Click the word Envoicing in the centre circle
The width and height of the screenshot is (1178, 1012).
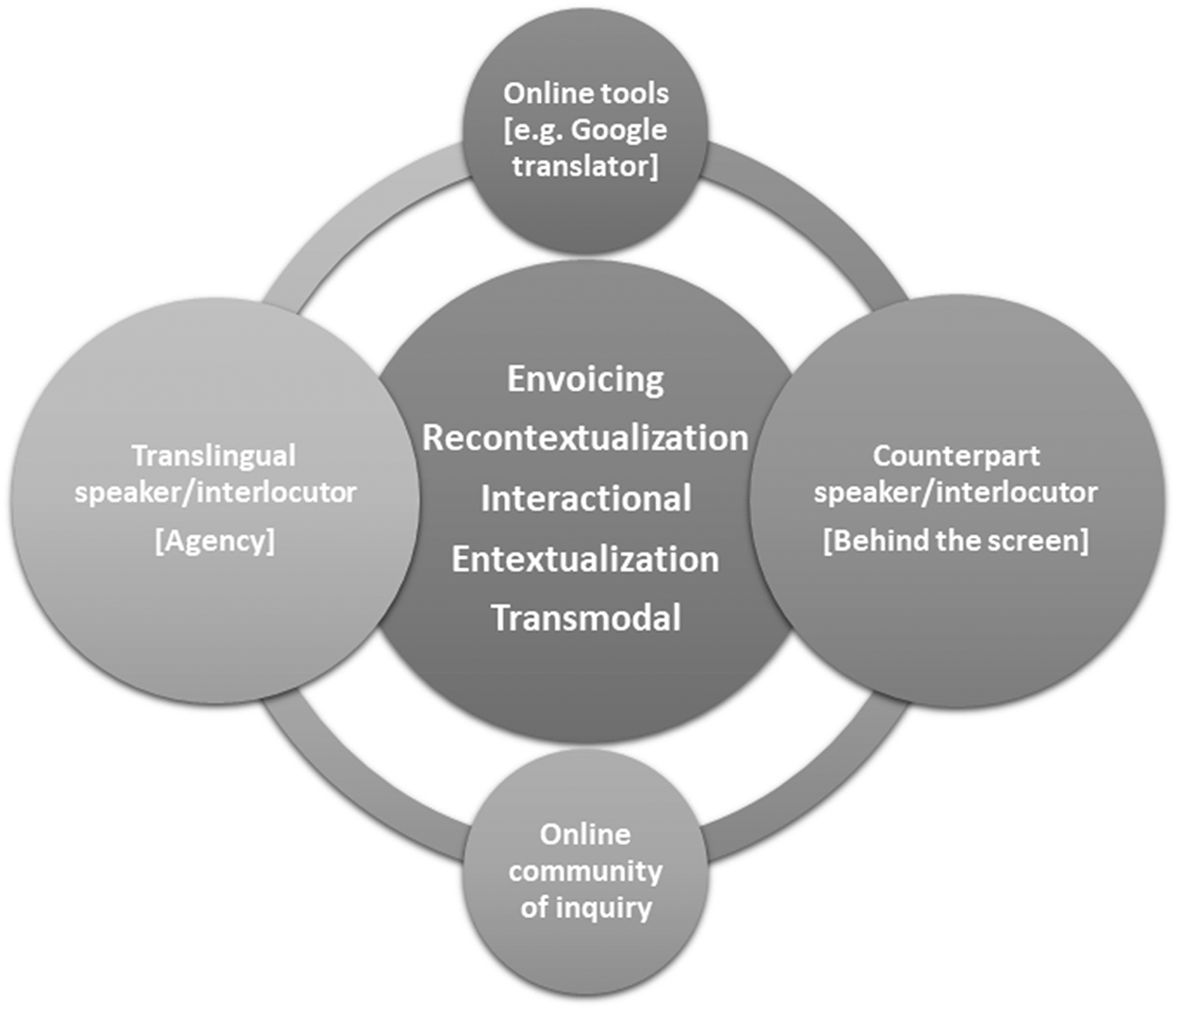(585, 379)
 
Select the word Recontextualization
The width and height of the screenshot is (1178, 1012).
(585, 438)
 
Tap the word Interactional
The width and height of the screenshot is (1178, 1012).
(585, 498)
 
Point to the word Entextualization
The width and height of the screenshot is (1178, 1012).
(585, 559)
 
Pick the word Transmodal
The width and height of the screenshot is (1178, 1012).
(585, 618)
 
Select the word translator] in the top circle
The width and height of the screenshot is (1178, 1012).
(585, 166)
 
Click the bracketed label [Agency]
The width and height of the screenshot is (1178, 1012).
(215, 541)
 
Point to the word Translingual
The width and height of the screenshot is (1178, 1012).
(214, 456)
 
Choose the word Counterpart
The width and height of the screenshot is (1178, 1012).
(956, 456)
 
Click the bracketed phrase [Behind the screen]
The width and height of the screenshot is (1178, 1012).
(956, 541)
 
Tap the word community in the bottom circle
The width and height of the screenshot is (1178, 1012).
(585, 872)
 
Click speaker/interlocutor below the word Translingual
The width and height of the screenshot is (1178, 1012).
(215, 492)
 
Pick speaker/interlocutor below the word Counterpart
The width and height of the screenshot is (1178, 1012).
(956, 492)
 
